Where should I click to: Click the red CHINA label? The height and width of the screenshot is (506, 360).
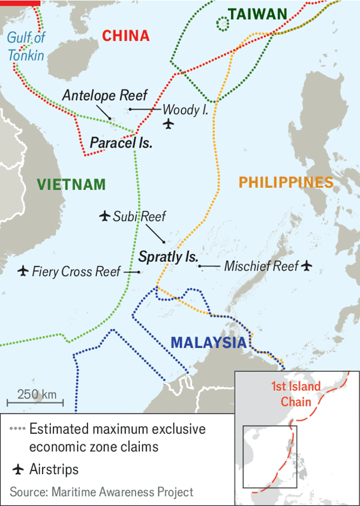coord(125,36)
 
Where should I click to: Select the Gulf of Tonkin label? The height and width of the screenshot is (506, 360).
coord(26,47)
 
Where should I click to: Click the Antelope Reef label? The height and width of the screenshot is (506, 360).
coord(104,95)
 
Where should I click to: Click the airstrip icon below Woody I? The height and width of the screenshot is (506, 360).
coord(168,124)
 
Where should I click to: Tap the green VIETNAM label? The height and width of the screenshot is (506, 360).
coord(71,184)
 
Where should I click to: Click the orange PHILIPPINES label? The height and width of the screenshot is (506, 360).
coord(286,182)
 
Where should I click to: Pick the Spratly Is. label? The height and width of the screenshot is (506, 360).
coord(168,257)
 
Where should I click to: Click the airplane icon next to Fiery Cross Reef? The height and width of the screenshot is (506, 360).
coord(23,271)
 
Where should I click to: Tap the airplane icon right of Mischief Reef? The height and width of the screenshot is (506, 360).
coord(307,265)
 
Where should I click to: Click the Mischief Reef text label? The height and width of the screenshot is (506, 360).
coord(261,266)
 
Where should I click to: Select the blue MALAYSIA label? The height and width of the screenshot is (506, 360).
coord(208,343)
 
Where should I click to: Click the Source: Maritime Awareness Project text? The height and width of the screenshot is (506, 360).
coord(101,492)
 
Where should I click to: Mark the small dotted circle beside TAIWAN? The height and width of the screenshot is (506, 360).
coord(223,23)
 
